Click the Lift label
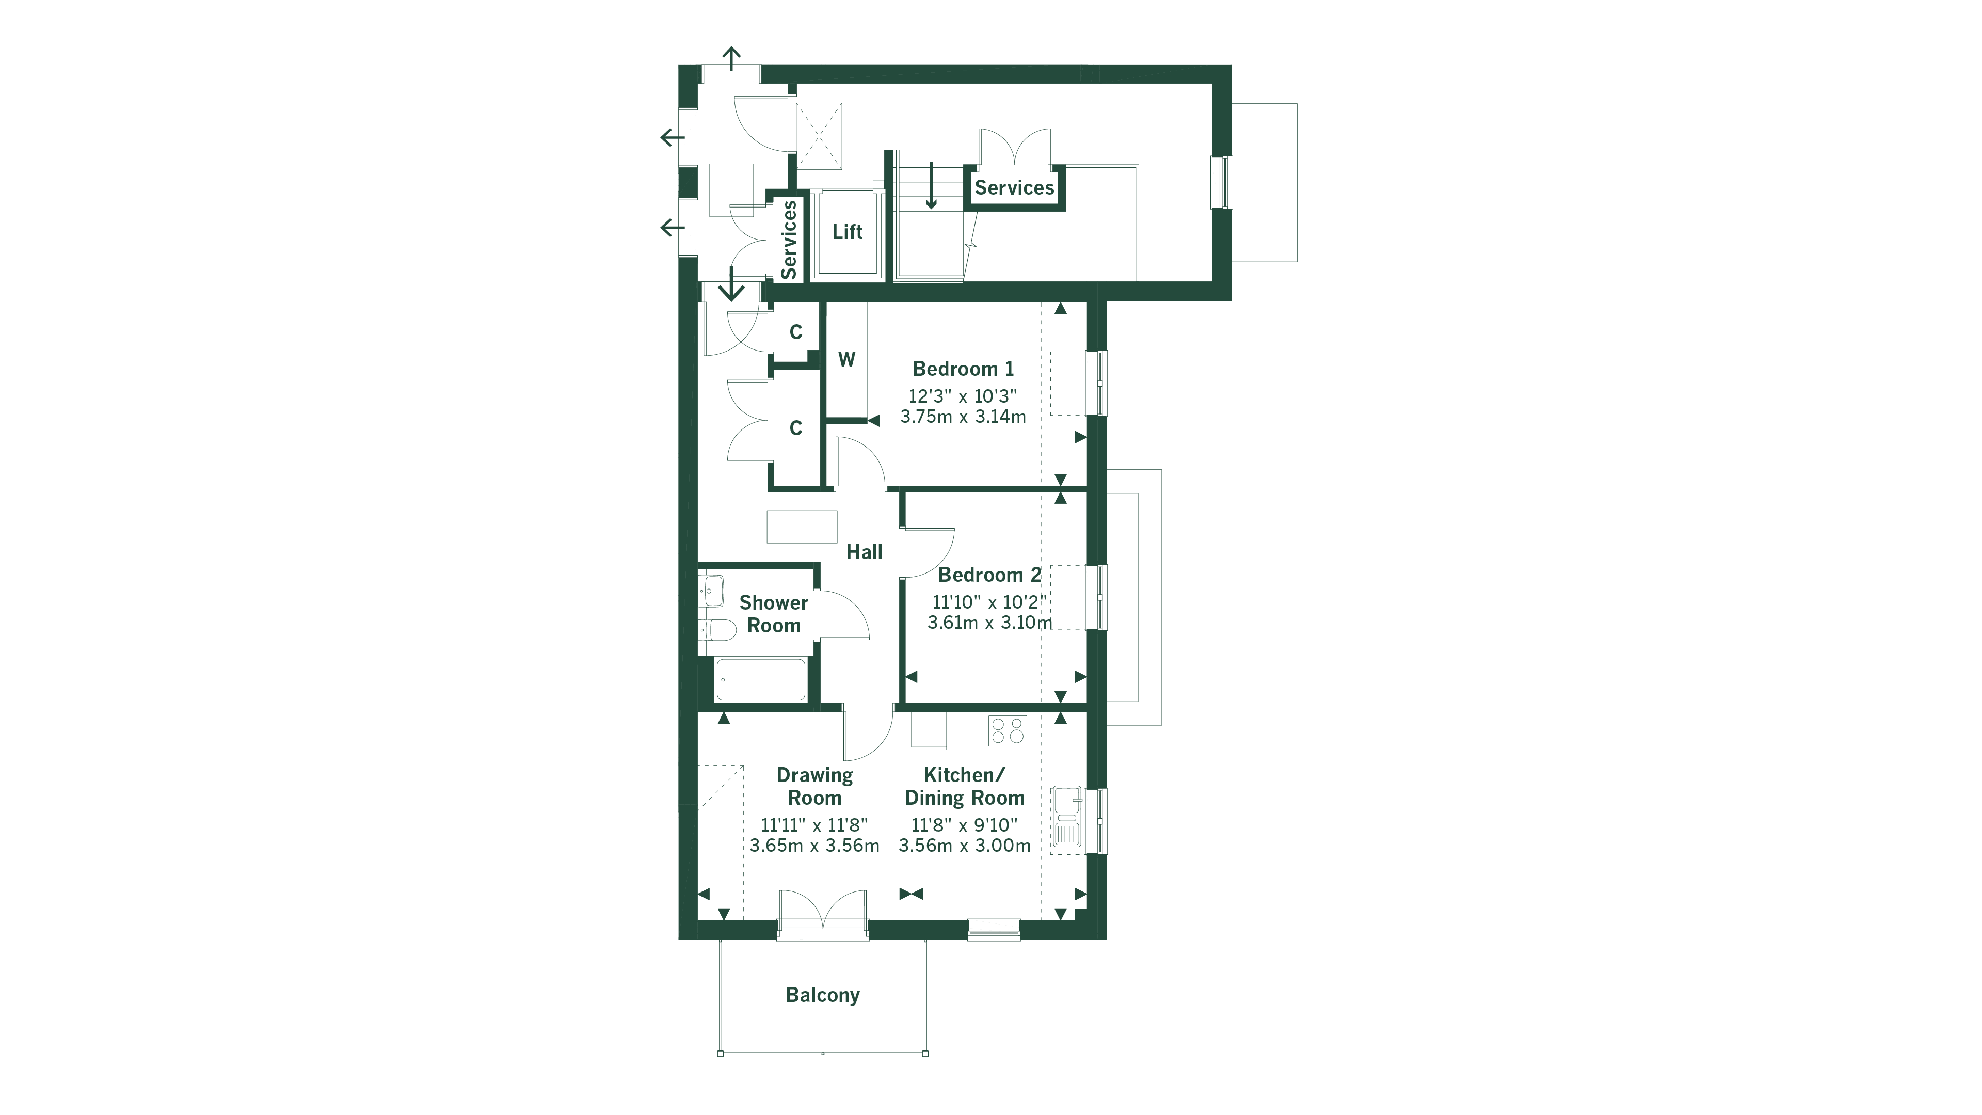pos(847,232)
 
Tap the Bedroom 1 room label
pos(963,369)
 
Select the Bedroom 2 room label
pos(989,575)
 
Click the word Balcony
pos(823,995)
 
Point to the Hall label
pos(864,552)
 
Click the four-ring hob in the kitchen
pos(1007,730)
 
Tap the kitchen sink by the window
pos(1066,817)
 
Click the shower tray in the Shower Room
pos(760,679)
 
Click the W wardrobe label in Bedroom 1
pos(846,359)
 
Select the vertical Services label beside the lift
pos(789,240)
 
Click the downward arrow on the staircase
pos(931,186)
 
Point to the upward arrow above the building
pos(731,58)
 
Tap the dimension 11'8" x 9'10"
pos(964,825)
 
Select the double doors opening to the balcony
pos(823,916)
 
